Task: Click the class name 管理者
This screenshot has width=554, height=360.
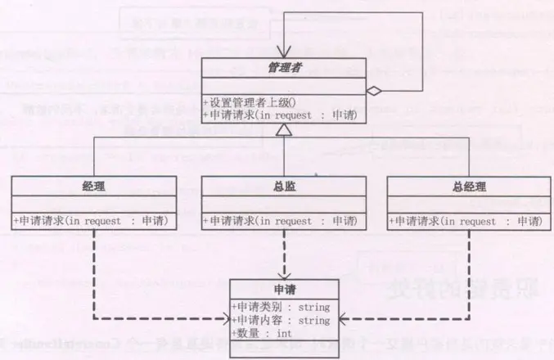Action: click(282, 69)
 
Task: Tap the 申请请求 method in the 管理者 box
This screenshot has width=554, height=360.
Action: click(280, 115)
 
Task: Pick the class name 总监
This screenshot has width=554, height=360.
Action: click(283, 186)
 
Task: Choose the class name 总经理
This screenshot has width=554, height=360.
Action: click(463, 186)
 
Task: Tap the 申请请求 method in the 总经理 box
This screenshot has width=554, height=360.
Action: click(462, 221)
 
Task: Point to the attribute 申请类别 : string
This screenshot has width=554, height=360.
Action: click(281, 308)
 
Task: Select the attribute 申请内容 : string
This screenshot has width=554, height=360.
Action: click(281, 321)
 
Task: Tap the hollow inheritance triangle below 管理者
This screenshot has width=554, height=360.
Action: click(282, 129)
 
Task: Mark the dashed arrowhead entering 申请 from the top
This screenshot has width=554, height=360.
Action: click(283, 275)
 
